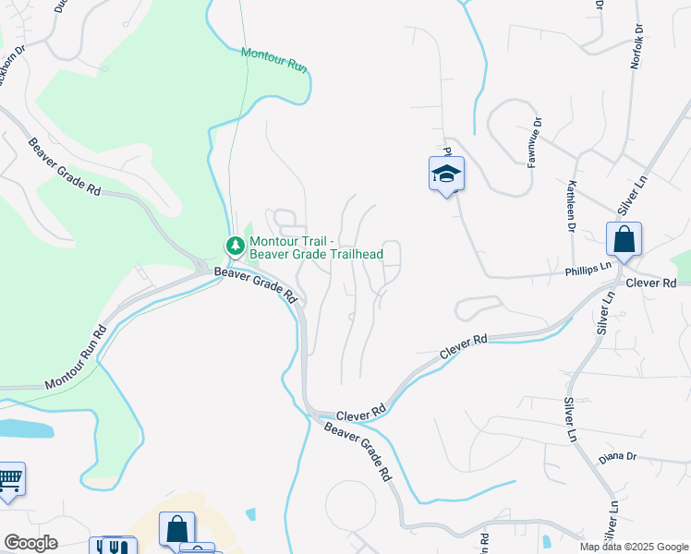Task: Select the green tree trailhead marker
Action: tap(235, 246)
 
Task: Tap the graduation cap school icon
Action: tap(446, 174)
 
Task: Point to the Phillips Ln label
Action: tap(589, 266)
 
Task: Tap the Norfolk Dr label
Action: tap(636, 47)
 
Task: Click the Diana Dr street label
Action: tap(618, 457)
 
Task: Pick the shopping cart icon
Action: tap(9, 480)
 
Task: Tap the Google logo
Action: tap(30, 543)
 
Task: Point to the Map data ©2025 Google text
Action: tap(633, 547)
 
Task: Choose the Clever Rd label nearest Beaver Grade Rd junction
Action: tap(360, 416)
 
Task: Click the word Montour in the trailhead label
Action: tap(273, 241)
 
